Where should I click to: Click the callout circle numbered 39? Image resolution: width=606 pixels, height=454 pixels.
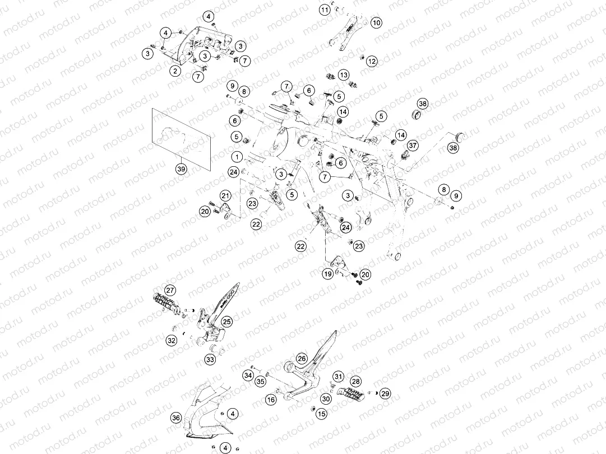181,169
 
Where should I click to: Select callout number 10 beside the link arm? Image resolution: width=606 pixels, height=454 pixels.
376,23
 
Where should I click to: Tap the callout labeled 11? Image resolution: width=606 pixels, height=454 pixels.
325,10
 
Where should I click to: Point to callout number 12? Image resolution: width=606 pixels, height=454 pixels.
372,61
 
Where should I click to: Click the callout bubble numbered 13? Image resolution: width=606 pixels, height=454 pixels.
344,75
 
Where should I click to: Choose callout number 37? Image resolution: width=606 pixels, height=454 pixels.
413,145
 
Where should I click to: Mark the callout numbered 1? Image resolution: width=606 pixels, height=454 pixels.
237,157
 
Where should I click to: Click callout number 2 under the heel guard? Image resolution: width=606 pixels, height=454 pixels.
175,71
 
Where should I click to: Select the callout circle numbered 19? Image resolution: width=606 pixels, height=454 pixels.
328,274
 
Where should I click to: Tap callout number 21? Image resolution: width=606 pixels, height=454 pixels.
225,195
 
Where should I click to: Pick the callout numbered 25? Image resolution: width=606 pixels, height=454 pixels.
226,321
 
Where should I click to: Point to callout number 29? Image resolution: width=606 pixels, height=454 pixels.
385,394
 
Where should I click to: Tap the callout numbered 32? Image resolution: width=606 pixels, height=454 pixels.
172,340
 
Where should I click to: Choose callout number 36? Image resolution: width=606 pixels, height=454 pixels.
176,418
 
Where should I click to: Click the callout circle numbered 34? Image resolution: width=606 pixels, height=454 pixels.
248,375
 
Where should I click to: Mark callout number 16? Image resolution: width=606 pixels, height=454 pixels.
271,400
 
